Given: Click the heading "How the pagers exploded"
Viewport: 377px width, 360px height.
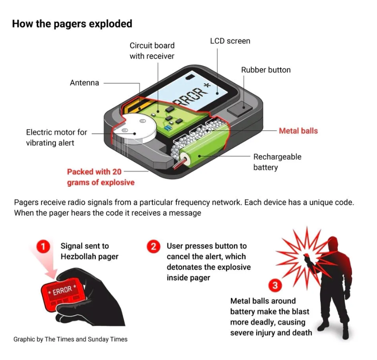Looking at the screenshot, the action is tap(72, 24).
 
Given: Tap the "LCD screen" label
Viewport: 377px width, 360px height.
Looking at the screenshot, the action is tap(230, 41).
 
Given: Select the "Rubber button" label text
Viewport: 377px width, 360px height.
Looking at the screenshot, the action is tap(266, 70).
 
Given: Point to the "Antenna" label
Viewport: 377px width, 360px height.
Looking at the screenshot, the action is tap(84, 83).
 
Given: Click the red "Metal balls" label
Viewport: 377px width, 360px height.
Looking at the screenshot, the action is tap(298, 131).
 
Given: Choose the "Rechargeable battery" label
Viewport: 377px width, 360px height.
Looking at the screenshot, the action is tap(277, 162).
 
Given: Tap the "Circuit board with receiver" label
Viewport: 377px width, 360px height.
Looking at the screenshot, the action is tap(152, 51).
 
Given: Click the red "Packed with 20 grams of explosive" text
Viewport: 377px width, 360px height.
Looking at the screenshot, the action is tap(100, 177).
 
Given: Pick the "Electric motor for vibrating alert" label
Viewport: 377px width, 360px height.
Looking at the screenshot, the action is tap(56, 137).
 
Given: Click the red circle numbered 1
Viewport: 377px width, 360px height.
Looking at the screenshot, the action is tap(43, 247).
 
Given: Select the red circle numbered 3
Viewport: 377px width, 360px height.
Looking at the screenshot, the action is tap(275, 285).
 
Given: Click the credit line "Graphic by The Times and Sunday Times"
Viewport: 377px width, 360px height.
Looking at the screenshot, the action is tap(70, 339).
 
